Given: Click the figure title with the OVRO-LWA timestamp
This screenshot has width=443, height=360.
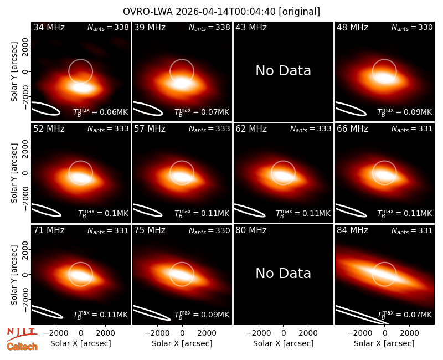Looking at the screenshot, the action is [x=221, y=12].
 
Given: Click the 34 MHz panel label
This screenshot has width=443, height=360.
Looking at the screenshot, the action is [x=49, y=27].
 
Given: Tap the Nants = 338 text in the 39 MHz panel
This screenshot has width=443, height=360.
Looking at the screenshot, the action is [x=209, y=28].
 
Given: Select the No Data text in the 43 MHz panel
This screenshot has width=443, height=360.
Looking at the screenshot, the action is [x=284, y=70].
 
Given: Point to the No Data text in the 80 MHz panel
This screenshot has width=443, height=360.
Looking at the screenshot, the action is [x=284, y=273].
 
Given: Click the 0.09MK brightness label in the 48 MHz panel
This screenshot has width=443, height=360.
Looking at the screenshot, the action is [x=405, y=112].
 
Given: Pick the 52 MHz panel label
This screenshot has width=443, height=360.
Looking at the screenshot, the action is [x=49, y=129].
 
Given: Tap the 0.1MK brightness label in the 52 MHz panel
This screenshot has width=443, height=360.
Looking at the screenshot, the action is [x=103, y=213].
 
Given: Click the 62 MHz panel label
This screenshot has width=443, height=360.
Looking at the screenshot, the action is [x=251, y=129].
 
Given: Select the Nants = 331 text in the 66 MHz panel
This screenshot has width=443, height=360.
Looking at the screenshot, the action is [x=412, y=129].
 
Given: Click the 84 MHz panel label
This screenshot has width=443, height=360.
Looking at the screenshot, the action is [x=352, y=230].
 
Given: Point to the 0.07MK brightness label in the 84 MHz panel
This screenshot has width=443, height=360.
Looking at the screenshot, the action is [x=405, y=315].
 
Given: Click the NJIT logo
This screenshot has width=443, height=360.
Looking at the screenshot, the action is [x=22, y=334].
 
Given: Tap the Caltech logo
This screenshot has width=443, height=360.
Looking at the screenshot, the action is [x=22, y=347].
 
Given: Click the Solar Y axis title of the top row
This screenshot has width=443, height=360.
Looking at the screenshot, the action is [x=14, y=72].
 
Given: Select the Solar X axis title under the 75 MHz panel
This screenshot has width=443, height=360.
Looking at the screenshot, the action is [x=182, y=343].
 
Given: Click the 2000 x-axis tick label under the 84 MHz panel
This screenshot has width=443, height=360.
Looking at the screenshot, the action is [x=409, y=333].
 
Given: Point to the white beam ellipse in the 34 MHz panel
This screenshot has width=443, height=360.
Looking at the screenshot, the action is [x=45, y=109].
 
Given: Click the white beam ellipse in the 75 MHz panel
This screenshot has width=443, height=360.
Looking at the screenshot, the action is [x=152, y=313].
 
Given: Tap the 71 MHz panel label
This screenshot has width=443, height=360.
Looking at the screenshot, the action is [x=49, y=230].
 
